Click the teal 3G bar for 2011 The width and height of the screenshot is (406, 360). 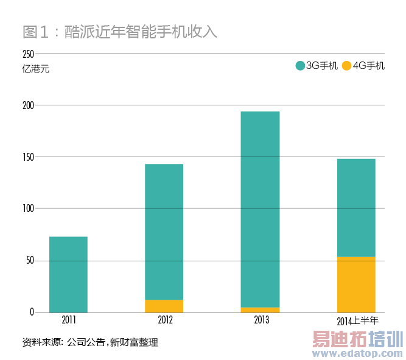(x=68, y=274)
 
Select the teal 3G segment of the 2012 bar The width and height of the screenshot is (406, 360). (x=164, y=231)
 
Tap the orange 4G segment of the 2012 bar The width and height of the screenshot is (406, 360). (x=164, y=306)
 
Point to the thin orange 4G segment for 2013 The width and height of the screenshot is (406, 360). (x=260, y=309)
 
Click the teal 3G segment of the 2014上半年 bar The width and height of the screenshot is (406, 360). (x=356, y=207)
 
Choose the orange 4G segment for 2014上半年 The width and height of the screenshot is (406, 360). (x=356, y=284)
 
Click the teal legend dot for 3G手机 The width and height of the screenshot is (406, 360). (x=299, y=66)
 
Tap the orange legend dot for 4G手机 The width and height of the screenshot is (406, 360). (x=346, y=66)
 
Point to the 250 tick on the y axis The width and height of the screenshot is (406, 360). (x=27, y=54)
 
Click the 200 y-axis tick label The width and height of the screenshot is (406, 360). (x=27, y=105)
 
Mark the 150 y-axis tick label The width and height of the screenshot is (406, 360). (x=27, y=157)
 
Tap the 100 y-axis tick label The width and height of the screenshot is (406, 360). (x=27, y=209)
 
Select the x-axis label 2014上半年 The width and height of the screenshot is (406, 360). (x=357, y=320)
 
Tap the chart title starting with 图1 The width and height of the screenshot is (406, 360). (x=119, y=32)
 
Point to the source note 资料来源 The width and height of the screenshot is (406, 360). (x=90, y=342)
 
